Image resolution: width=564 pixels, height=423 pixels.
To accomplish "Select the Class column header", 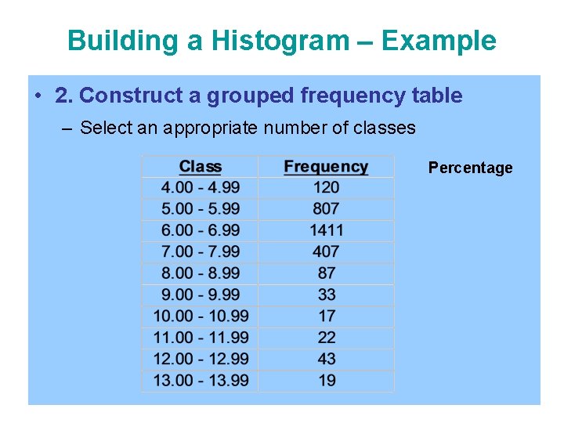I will point(201,166).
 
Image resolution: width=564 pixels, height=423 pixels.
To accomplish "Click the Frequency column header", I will point(326,166).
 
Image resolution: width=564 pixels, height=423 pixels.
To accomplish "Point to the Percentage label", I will point(470,168).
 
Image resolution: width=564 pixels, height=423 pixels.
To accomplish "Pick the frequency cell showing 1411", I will point(327,230).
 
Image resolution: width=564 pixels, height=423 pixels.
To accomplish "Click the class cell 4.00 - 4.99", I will point(201,187).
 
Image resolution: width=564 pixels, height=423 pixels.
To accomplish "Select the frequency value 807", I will point(326,208).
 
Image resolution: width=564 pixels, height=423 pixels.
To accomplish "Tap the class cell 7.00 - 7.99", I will point(201,251).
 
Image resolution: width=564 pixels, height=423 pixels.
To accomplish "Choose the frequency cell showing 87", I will point(327,273).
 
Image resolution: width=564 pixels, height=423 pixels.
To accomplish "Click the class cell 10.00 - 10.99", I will point(201,316).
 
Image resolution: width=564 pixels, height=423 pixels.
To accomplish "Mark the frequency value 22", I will point(327,337).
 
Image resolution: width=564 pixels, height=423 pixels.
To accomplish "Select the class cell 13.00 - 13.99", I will point(201,380).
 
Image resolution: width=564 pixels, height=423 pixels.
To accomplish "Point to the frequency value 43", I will point(327,359).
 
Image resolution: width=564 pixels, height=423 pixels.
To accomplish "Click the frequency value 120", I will point(326,187).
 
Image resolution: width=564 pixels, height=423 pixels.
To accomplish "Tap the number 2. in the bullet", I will point(64,96).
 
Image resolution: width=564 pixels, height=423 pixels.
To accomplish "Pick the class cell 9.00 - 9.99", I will point(201,295).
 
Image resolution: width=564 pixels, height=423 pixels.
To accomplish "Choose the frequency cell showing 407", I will point(326,251).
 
